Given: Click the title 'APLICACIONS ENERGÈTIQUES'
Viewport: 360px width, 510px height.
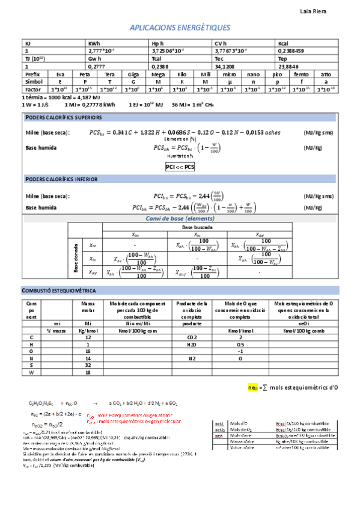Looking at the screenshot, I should click(180, 28).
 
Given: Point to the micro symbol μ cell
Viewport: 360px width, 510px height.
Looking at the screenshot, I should click(228, 81).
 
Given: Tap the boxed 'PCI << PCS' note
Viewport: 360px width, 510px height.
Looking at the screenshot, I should click(180, 167).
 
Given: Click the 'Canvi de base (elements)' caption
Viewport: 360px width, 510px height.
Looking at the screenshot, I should click(180, 218).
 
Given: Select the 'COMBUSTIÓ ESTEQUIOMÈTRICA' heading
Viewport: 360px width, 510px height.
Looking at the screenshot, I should click(59, 290).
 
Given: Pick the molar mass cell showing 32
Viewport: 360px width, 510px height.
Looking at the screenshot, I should click(88, 364).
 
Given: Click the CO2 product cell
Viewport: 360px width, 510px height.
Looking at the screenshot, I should click(192, 338).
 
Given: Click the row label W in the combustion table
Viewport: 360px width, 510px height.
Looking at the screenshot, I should click(31, 372).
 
